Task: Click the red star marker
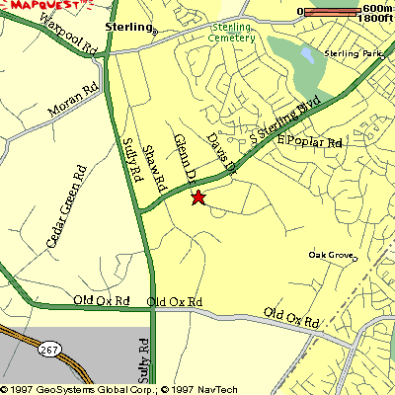pyautogui.click(x=197, y=197)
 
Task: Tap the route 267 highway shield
pyautogui.click(x=49, y=349)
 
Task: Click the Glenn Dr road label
pyautogui.click(x=181, y=155)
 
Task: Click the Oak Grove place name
pyautogui.click(x=331, y=255)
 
